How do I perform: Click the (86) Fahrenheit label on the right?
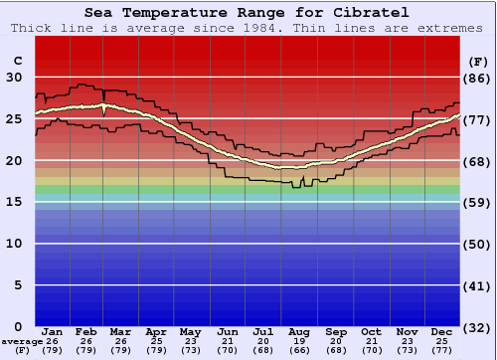(478, 78)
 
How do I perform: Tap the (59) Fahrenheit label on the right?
(478, 202)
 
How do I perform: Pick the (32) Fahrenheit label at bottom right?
(478, 327)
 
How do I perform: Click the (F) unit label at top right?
(478, 61)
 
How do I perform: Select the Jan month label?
(53, 331)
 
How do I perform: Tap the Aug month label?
(299, 331)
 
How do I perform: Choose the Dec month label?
(440, 331)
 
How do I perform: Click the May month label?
(190, 331)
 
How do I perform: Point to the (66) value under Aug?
(299, 350)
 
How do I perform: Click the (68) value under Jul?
(263, 350)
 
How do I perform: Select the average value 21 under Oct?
(371, 341)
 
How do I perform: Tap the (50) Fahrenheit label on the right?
(478, 244)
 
